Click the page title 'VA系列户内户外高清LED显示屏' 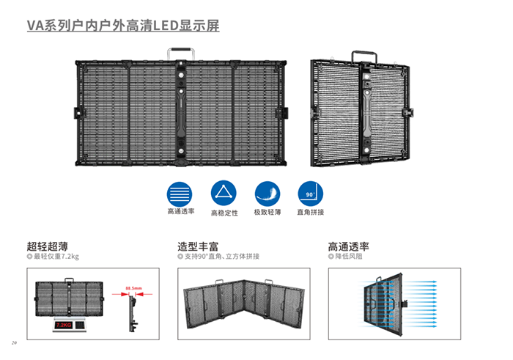tap(123, 26)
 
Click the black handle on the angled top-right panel tap(363, 56)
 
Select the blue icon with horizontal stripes tap(180, 193)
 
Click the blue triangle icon tap(223, 193)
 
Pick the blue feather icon tap(267, 193)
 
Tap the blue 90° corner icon tap(309, 193)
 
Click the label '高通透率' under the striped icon tap(180, 212)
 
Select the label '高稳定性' tap(223, 213)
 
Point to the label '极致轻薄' tap(267, 212)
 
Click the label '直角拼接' tap(310, 212)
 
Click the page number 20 tap(14, 343)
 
